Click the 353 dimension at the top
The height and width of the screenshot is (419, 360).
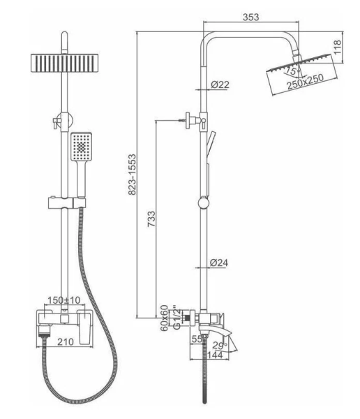(x=250, y=17)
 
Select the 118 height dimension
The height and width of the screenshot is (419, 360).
(x=338, y=47)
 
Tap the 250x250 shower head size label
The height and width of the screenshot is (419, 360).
(x=306, y=81)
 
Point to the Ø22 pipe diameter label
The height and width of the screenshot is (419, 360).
(x=220, y=84)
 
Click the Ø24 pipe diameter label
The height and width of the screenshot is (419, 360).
(x=219, y=263)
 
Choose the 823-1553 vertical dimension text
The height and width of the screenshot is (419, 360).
(x=132, y=174)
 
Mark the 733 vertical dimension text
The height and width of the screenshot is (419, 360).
(x=151, y=219)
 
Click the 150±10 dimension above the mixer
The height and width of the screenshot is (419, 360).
(x=63, y=300)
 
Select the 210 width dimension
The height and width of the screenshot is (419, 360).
(x=66, y=341)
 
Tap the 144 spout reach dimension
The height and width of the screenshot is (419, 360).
(x=214, y=355)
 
